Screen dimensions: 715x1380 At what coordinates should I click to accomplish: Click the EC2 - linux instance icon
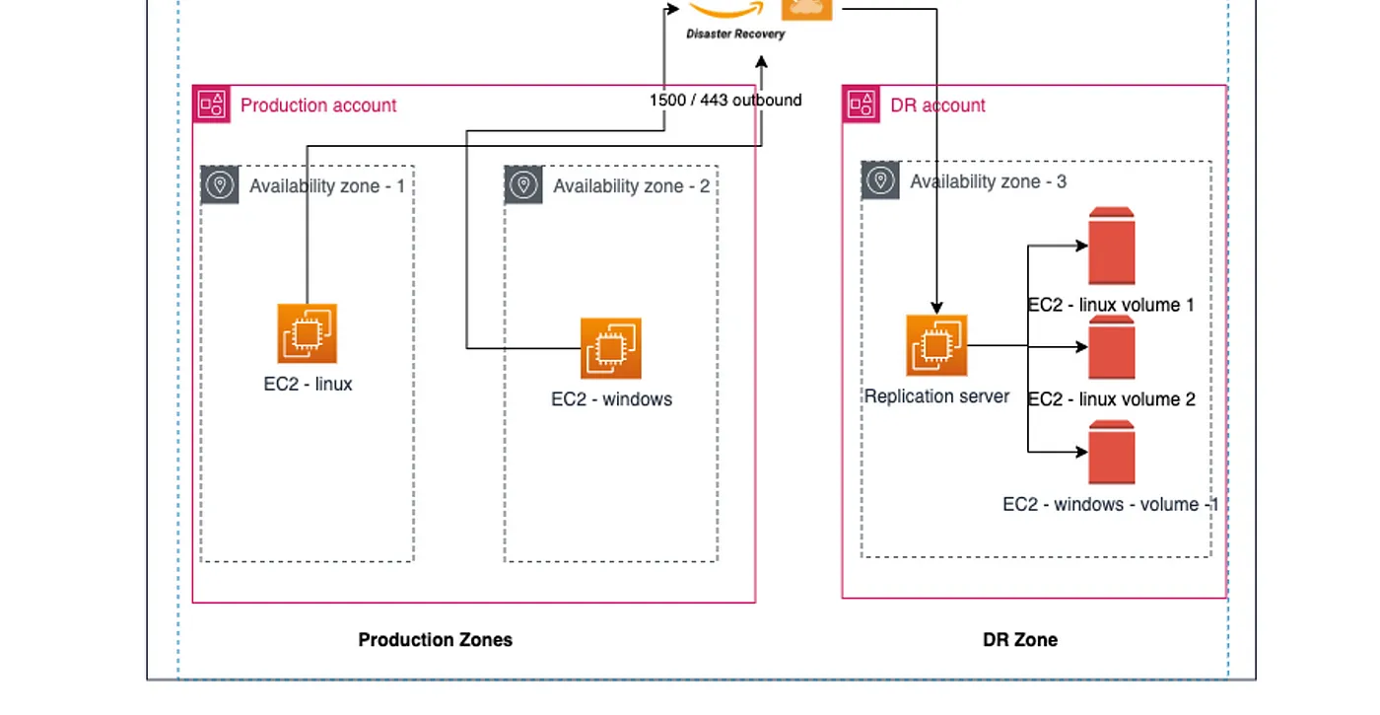point(307,333)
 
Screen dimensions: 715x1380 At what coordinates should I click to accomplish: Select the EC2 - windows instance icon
point(611,348)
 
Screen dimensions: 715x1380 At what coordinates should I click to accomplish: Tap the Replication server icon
point(936,345)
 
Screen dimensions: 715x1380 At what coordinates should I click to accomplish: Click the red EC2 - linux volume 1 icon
point(1112,247)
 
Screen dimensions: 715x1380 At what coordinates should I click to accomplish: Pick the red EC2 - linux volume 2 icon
point(1112,348)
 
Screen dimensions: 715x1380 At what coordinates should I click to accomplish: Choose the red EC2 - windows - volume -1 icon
point(1112,453)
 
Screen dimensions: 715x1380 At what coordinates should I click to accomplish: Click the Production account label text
point(318,106)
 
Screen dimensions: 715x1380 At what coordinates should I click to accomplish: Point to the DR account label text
point(937,106)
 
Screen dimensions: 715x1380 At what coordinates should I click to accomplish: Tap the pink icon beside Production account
point(212,104)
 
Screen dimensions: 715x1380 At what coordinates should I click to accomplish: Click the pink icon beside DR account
point(861,104)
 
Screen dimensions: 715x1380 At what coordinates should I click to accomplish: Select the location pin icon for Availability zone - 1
point(220,184)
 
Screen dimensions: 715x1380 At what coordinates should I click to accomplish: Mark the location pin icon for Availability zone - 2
point(523,184)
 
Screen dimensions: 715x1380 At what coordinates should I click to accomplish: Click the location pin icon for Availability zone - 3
point(880,180)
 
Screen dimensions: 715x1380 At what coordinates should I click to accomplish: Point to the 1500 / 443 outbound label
point(725,100)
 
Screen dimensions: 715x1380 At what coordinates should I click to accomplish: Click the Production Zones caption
point(435,640)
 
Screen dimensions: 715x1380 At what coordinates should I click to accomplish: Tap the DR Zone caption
point(1020,640)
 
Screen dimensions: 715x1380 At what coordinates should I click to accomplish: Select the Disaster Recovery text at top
point(735,34)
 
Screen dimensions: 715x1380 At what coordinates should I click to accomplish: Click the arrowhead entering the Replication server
point(936,308)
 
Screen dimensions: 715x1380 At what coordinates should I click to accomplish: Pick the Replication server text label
point(936,396)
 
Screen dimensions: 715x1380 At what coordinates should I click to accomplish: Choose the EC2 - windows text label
point(611,399)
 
